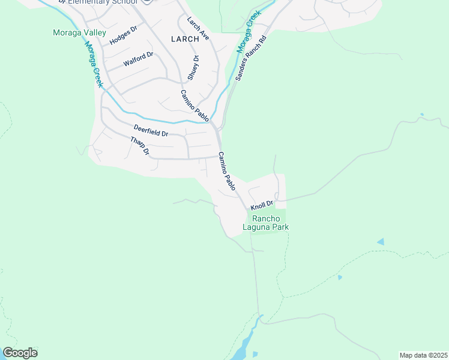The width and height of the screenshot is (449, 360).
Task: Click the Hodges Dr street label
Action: point(124,37)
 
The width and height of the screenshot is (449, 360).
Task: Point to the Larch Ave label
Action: point(197,28)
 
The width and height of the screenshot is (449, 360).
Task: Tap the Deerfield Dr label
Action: point(151,131)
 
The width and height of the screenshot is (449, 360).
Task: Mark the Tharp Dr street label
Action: point(140,146)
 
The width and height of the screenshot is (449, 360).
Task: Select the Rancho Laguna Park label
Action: point(265,223)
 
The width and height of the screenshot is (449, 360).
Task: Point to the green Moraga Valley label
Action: point(79,32)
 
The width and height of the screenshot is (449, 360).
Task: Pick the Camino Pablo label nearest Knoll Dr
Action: point(227,172)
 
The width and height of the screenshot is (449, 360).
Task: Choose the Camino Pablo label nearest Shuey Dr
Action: point(194,106)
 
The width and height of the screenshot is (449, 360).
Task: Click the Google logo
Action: point(20,353)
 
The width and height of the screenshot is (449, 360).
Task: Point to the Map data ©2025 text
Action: point(423,355)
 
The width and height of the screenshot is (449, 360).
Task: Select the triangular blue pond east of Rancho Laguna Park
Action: point(380,242)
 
